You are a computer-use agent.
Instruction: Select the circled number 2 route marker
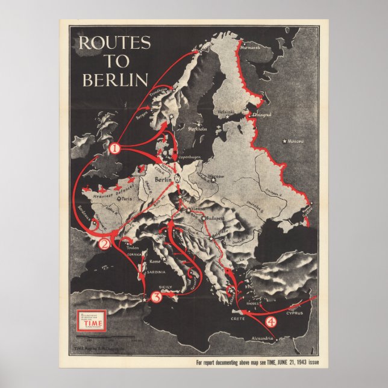coord(104,244)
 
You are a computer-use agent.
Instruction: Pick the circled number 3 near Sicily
coord(156,296)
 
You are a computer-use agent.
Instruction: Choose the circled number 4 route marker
coord(271,322)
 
